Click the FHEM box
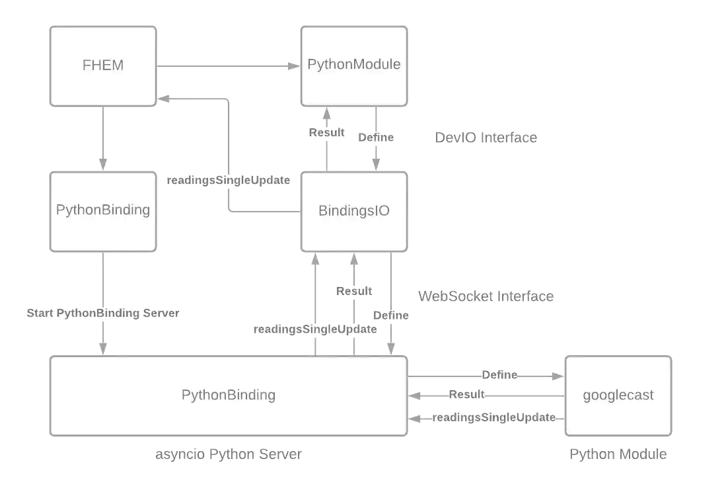(x=103, y=65)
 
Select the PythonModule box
(x=353, y=65)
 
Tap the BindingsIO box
(x=353, y=212)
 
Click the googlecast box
(x=618, y=396)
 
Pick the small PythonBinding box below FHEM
(x=103, y=211)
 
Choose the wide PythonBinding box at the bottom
(x=229, y=396)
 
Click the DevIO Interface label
(x=486, y=138)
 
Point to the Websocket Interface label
(x=486, y=296)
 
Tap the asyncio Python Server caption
(x=229, y=455)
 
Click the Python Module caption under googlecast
(x=618, y=455)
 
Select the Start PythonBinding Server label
(x=103, y=313)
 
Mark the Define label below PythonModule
(x=377, y=138)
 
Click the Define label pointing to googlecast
(x=500, y=375)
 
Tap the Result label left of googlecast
(x=467, y=396)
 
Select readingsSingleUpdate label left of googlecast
(x=495, y=418)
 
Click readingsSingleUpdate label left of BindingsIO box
(x=227, y=180)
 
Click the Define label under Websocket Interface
(x=392, y=316)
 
